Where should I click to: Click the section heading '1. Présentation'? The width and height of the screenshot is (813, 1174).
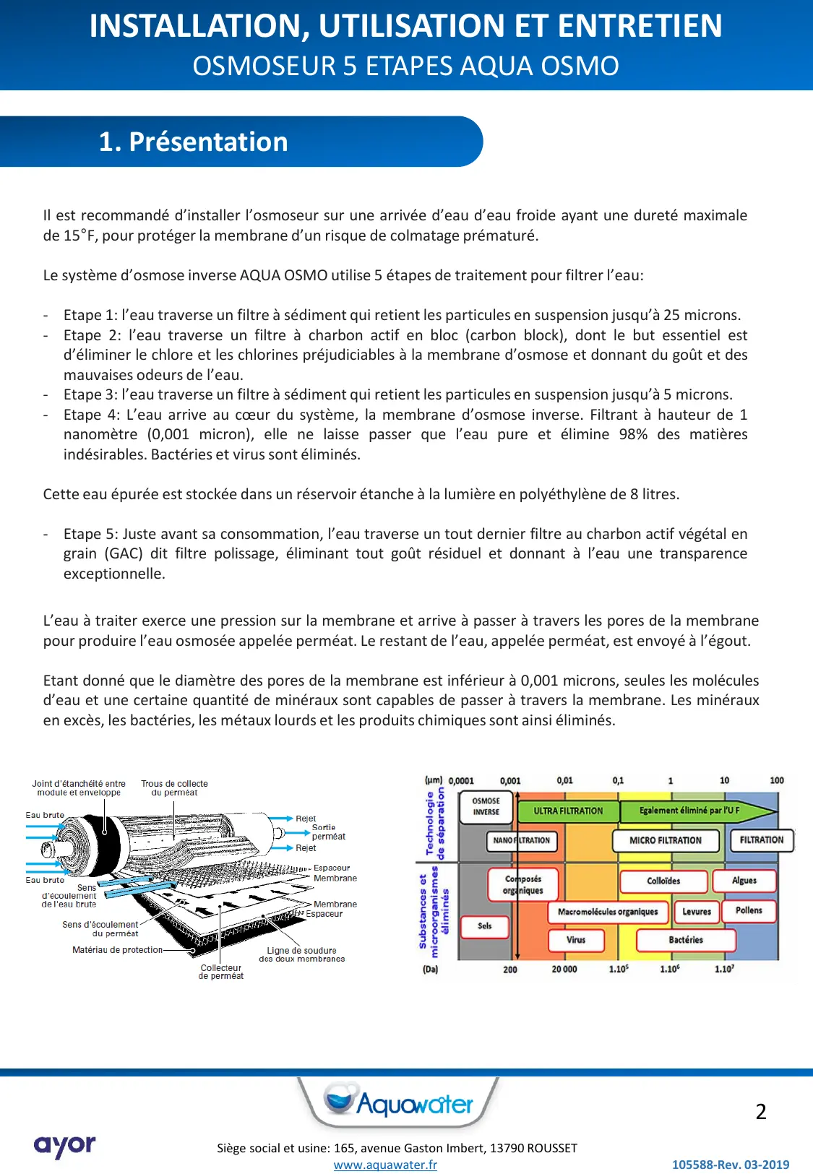(194, 142)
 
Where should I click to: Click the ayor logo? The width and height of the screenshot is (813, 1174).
(64, 1146)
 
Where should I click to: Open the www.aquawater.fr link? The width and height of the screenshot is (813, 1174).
(385, 1165)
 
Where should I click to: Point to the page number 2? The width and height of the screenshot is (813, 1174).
(761, 1112)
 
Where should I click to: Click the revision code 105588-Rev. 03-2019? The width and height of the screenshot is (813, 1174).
(730, 1165)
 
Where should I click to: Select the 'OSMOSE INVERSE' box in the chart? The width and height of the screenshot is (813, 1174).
(486, 807)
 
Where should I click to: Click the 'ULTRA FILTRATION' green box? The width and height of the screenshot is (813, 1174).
(568, 811)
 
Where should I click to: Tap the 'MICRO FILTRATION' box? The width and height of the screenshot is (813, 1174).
(666, 840)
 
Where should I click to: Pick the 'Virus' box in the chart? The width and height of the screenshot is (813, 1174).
(576, 940)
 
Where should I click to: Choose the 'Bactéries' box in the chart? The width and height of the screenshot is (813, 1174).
(686, 940)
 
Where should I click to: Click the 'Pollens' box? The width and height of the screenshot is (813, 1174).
(749, 910)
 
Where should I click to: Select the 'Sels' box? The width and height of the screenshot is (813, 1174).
(484, 925)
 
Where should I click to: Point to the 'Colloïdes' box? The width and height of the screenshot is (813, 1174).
(663, 881)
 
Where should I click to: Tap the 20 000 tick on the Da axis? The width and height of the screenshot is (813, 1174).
(564, 970)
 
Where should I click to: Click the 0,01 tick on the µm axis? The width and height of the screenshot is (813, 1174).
(565, 781)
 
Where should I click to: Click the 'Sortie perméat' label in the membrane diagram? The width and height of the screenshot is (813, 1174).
(328, 832)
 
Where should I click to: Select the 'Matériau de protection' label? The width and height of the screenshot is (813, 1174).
(117, 950)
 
